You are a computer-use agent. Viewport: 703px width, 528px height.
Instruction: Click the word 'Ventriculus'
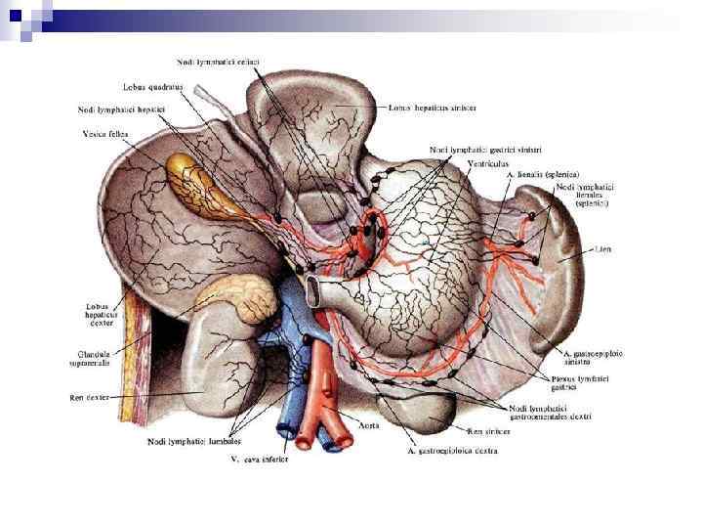pyautogui.click(x=487, y=162)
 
